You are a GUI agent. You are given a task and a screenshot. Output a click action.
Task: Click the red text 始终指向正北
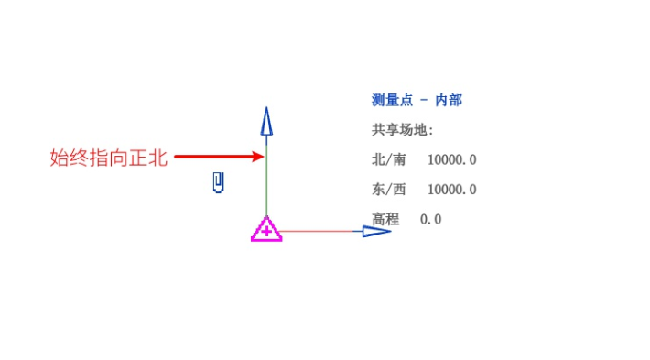[108, 158]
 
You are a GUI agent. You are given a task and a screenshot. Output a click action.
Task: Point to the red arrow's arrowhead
[258, 157]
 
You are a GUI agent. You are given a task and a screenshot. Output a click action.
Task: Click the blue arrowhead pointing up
[266, 123]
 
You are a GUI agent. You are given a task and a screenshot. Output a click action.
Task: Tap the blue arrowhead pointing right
[376, 231]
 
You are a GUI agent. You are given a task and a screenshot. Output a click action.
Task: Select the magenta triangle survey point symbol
[266, 230]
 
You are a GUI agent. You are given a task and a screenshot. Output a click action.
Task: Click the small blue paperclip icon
[219, 183]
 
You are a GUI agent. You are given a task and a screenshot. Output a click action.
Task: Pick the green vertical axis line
[266, 183]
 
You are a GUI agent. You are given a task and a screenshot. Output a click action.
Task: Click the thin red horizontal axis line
[320, 231]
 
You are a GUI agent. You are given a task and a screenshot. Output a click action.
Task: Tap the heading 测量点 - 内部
[417, 100]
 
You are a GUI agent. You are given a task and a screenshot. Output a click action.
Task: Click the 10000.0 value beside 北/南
[452, 159]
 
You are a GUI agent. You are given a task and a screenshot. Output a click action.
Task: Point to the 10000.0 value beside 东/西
[452, 190]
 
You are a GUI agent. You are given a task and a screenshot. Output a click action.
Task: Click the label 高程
[385, 219]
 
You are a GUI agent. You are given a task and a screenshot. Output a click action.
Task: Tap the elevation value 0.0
[430, 219]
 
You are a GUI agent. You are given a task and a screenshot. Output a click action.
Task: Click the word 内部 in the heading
[449, 100]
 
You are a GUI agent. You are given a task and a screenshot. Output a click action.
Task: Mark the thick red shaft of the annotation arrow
[211, 157]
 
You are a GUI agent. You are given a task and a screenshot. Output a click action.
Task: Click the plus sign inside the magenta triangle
[266, 232]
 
